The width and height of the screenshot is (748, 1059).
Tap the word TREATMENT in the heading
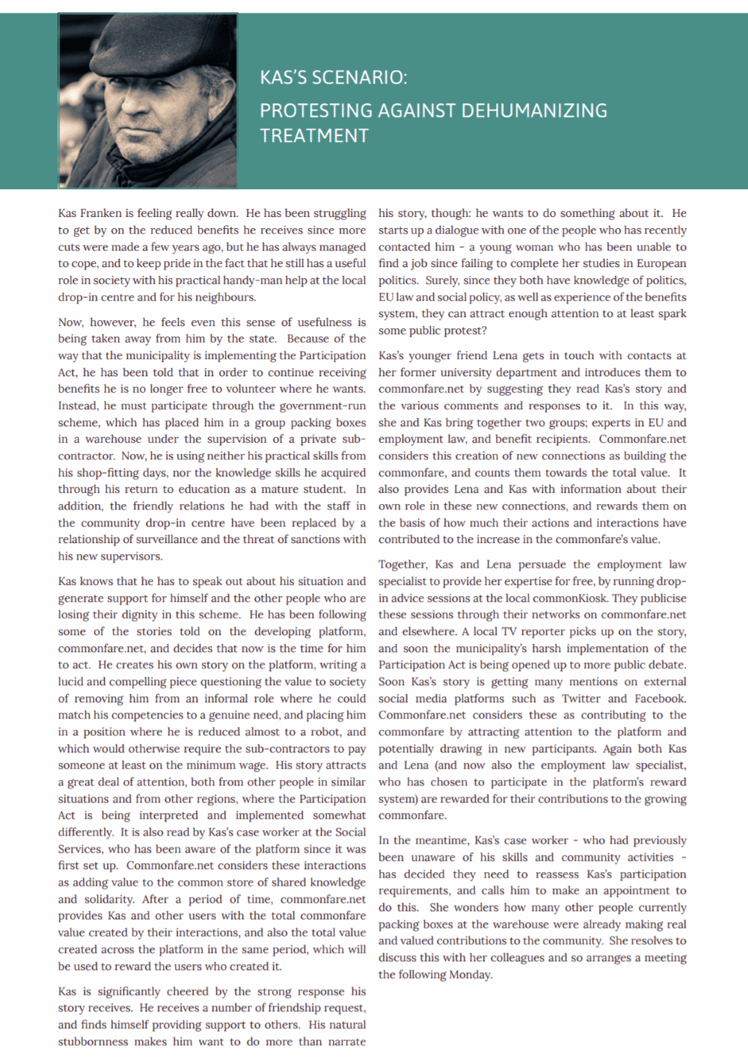[314, 136]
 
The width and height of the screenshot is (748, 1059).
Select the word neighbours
[224, 297]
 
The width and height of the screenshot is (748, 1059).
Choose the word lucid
[73, 681]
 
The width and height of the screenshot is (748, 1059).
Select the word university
[477, 372]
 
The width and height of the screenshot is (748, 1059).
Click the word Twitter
[581, 699]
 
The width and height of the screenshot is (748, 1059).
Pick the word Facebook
[660, 699]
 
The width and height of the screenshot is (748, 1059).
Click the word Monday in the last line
[471, 974]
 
